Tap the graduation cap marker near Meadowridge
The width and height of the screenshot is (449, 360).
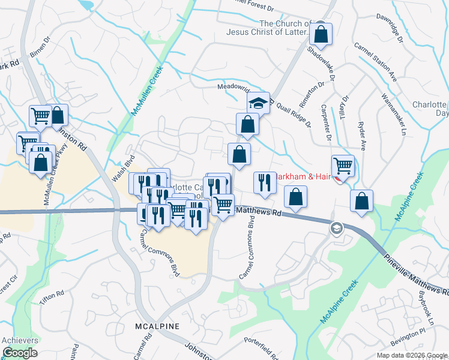258,103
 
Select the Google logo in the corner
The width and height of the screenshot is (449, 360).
19,353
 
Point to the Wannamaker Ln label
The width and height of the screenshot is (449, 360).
394,113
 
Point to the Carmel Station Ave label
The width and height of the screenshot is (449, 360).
376,61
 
